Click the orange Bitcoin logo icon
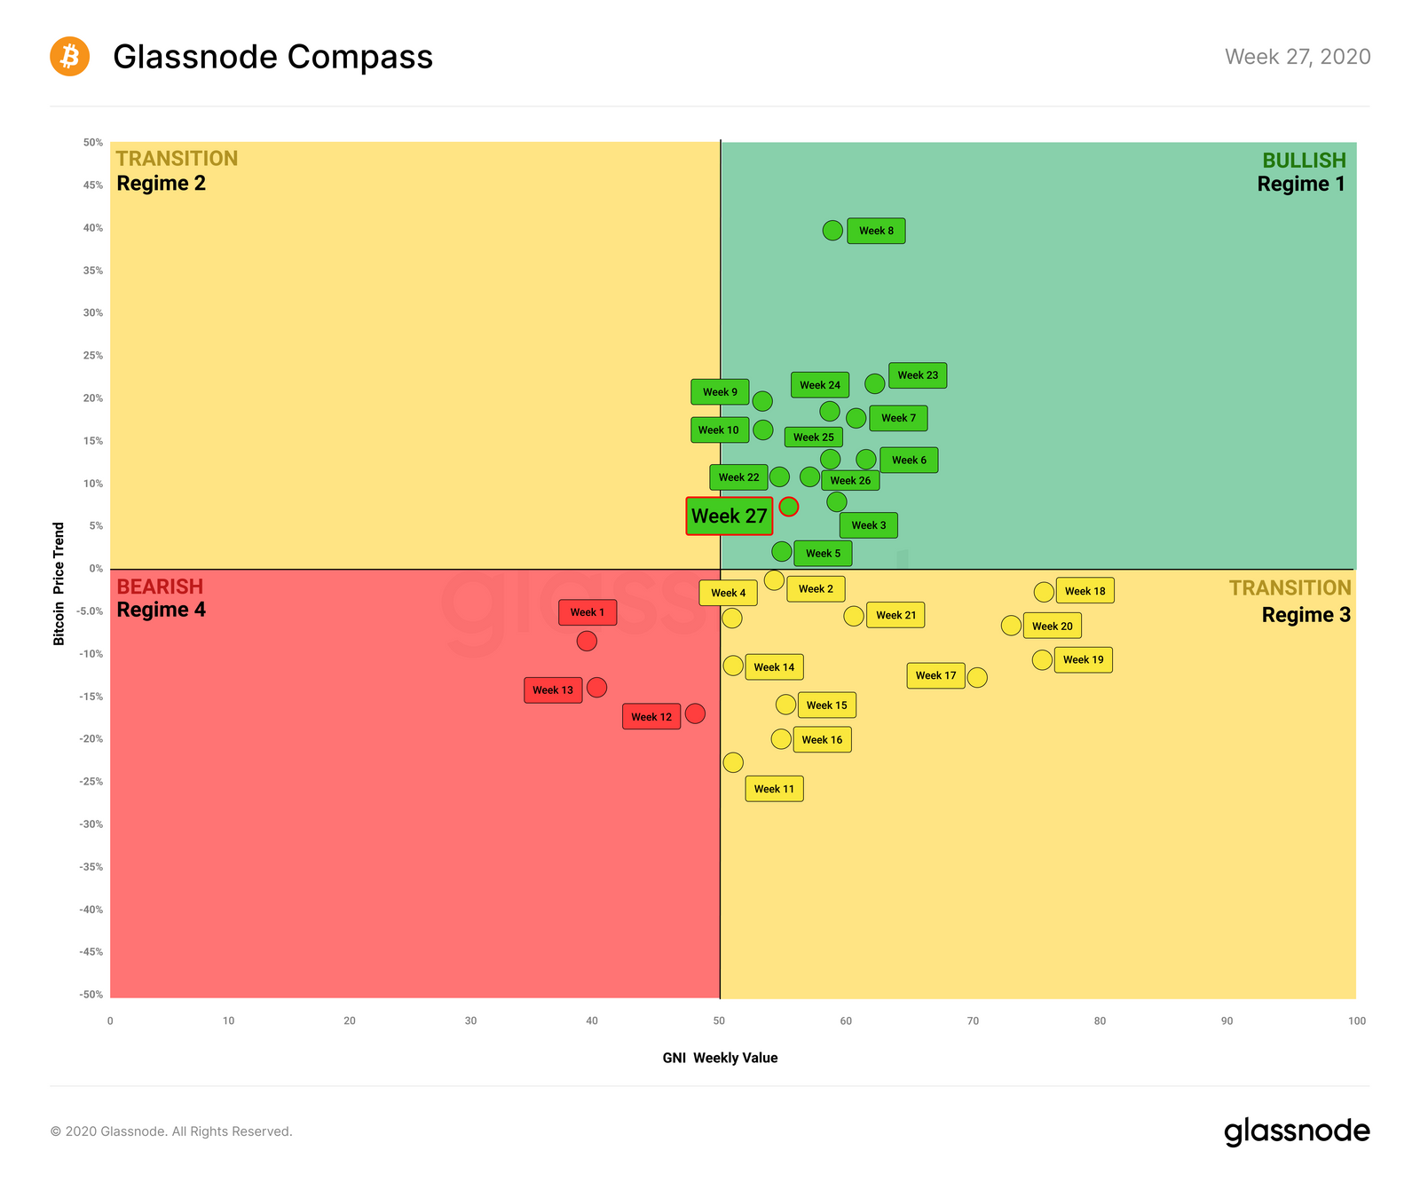tap(69, 57)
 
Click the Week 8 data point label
tap(876, 231)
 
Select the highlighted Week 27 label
tap(729, 516)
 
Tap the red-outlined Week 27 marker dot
tap(789, 507)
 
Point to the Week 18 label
tap(1085, 591)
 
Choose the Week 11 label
tap(774, 789)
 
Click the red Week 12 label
tap(651, 717)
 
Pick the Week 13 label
tap(553, 690)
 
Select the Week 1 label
tap(587, 612)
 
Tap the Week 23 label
tap(918, 375)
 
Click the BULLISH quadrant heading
tap(1304, 161)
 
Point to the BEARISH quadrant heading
tap(160, 587)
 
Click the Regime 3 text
tap(1306, 615)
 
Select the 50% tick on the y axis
tap(93, 143)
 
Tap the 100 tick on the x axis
tap(1356, 1021)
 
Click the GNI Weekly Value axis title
tap(720, 1058)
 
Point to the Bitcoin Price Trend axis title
tap(59, 583)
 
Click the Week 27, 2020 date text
tap(1298, 57)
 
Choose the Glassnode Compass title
tap(272, 57)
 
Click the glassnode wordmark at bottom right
tap(1297, 1131)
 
